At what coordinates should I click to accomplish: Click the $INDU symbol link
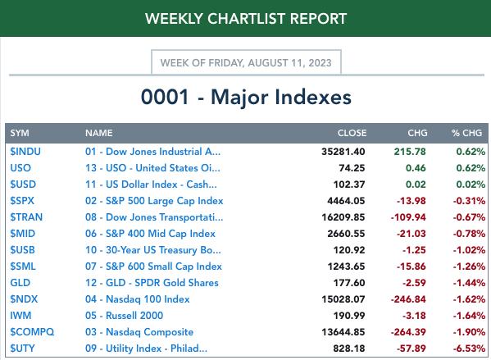[x=25, y=152]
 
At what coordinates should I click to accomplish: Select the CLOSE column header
[x=352, y=133]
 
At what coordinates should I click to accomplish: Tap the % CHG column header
[x=466, y=133]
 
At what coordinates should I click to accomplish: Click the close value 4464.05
[x=346, y=201]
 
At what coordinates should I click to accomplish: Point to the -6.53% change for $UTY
[x=469, y=349]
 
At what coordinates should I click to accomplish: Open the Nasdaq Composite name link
[x=139, y=332]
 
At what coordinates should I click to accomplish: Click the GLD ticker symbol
[x=20, y=283]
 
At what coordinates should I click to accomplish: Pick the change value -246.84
[x=408, y=299]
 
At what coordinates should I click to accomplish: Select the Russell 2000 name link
[x=124, y=316]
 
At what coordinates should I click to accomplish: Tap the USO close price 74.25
[x=352, y=168]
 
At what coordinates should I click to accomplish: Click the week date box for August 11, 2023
[x=246, y=62]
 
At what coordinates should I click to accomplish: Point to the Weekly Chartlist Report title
[x=246, y=19]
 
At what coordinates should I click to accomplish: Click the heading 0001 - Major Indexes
[x=246, y=97]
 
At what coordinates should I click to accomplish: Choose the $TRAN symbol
[x=26, y=217]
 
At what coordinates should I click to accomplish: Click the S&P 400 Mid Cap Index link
[x=150, y=234]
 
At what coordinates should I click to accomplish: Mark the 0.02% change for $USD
[x=471, y=185]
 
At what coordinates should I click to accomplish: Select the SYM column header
[x=20, y=133]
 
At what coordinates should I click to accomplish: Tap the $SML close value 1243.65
[x=346, y=267]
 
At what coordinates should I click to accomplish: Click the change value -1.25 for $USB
[x=414, y=250]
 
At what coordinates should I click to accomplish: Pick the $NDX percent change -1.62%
[x=469, y=299]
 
